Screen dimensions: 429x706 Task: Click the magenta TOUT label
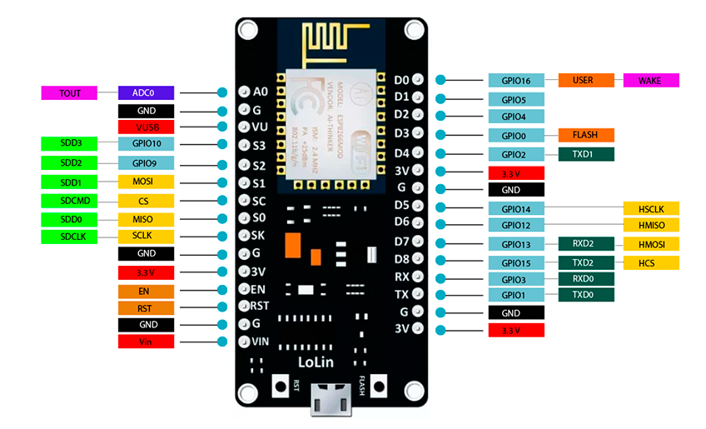pos(70,92)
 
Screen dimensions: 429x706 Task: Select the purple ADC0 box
pos(146,92)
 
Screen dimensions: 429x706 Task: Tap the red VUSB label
pos(146,127)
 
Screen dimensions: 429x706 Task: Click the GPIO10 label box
pos(146,144)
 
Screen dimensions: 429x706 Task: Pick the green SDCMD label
pos(70,200)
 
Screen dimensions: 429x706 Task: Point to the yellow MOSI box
pos(146,182)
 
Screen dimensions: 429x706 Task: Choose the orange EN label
pos(146,292)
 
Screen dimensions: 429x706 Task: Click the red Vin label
pos(146,342)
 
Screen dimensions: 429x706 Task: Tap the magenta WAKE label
pos(651,81)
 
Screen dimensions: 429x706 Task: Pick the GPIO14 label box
pos(516,208)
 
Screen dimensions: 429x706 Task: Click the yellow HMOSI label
pos(651,244)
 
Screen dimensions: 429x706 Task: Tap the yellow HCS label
pos(651,262)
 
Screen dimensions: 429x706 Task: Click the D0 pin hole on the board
pos(417,80)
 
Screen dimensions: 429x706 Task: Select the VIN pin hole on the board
pos(245,341)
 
